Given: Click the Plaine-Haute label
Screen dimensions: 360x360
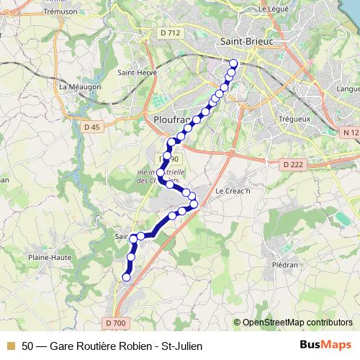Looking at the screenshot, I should (46, 256).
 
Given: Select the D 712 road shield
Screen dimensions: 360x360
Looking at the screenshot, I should (171, 32).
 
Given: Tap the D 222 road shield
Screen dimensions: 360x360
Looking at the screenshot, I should (292, 165).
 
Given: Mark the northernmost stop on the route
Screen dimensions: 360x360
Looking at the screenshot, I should (233, 63).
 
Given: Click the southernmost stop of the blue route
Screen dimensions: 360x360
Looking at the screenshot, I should (127, 276).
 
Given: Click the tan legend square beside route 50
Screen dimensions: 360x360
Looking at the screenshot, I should (9, 346).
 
